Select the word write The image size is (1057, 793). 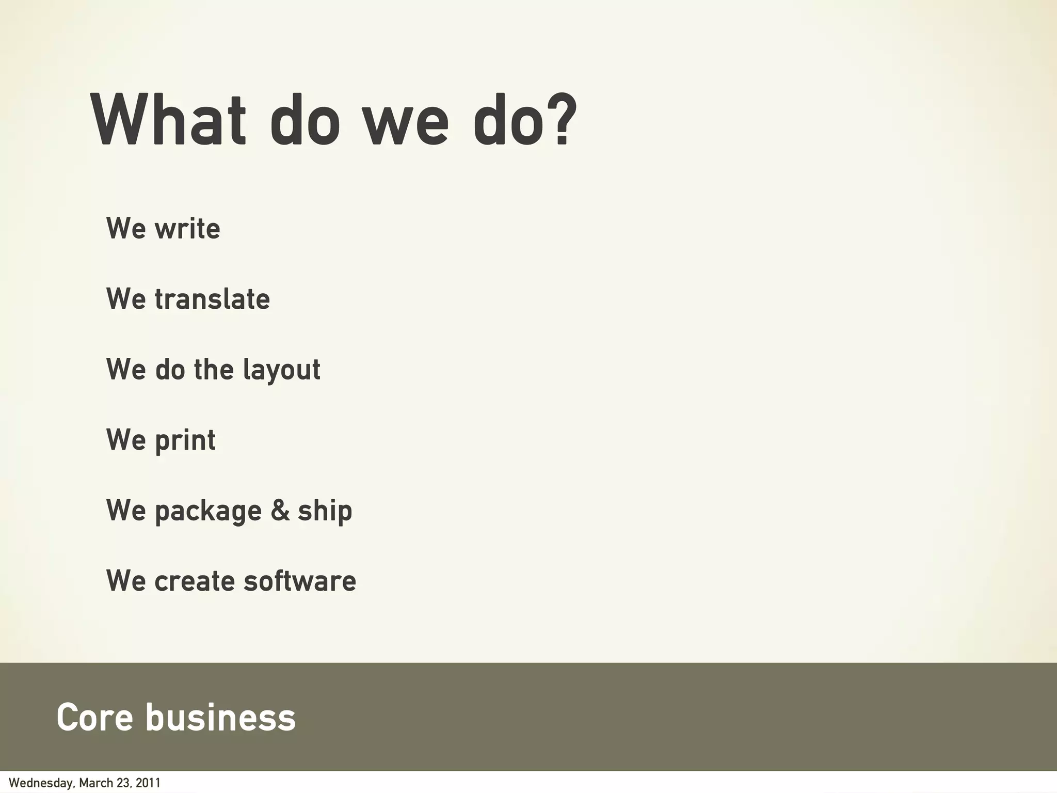(188, 228)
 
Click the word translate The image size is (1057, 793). (212, 299)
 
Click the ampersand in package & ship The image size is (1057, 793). (280, 510)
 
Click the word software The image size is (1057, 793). (300, 581)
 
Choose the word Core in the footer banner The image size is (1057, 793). (94, 717)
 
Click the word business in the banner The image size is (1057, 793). (220, 717)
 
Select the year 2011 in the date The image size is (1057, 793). (149, 783)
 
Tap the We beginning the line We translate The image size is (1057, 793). (126, 299)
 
